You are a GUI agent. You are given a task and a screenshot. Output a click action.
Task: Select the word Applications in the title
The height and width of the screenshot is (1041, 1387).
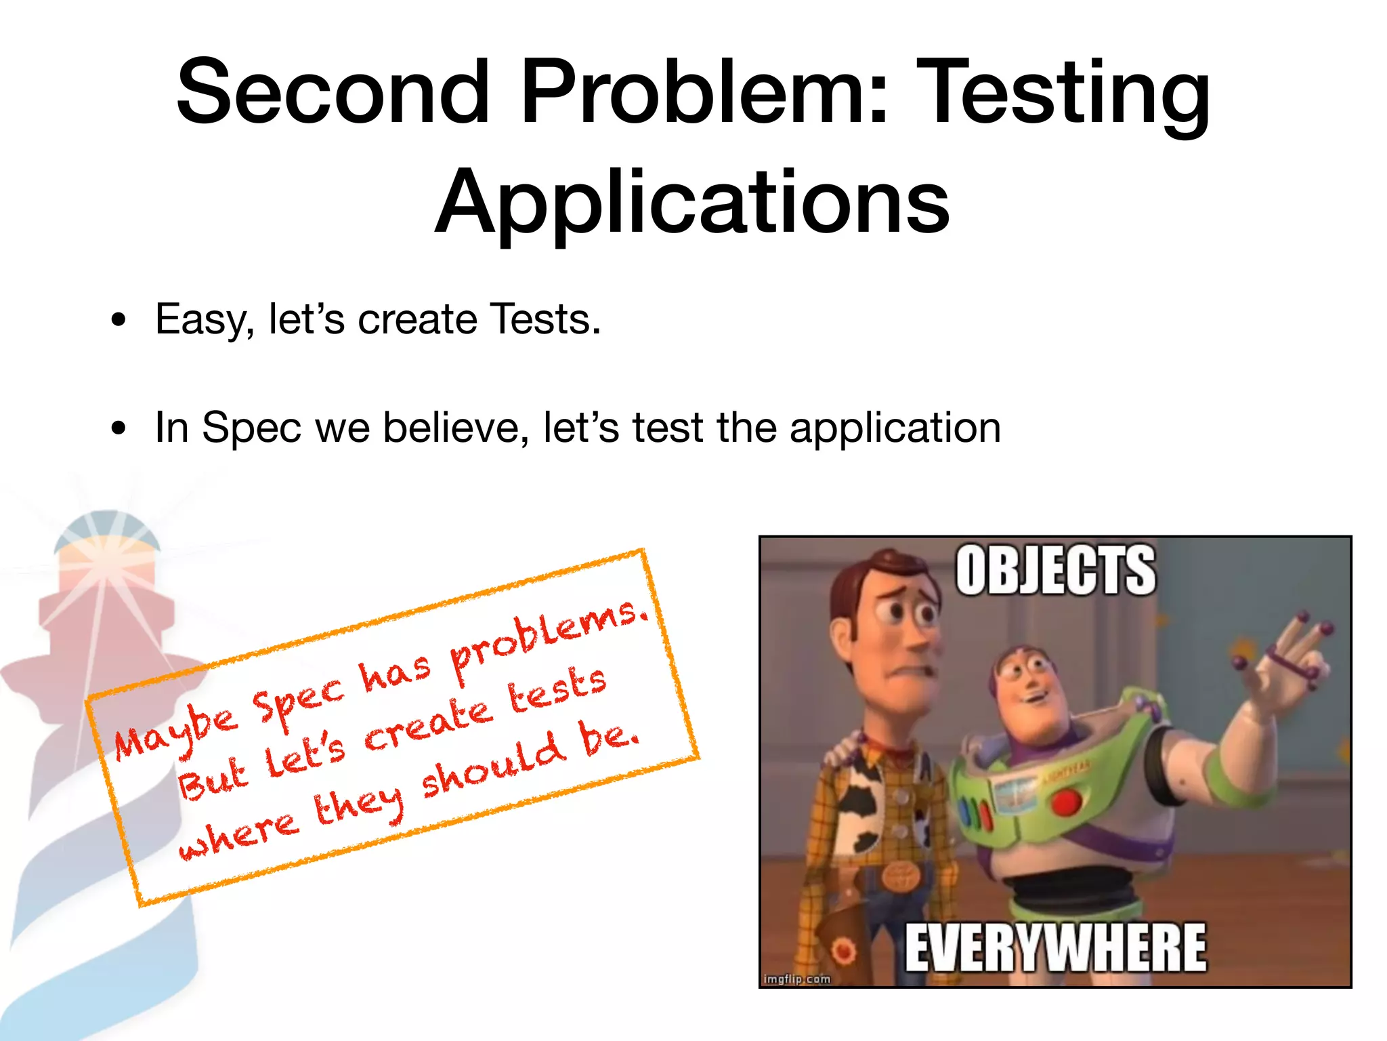pos(692,201)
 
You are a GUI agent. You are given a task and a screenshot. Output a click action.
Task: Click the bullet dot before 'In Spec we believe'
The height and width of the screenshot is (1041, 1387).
pos(119,428)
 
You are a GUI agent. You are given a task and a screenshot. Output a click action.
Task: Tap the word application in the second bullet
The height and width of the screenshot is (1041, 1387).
pos(895,429)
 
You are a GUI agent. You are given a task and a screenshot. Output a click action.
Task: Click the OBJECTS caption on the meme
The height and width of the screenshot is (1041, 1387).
pos(1055,571)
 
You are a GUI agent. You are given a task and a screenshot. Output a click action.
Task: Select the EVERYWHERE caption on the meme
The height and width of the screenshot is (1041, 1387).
pos(1055,947)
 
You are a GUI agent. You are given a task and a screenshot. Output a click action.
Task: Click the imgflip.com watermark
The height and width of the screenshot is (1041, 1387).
pos(796,979)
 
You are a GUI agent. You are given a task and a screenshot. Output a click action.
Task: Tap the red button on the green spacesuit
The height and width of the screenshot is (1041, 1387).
pos(1066,804)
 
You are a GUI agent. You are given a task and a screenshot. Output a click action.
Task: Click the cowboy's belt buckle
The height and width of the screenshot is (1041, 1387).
pos(899,878)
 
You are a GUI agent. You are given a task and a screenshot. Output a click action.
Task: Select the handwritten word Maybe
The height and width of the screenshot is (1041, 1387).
pos(176,732)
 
